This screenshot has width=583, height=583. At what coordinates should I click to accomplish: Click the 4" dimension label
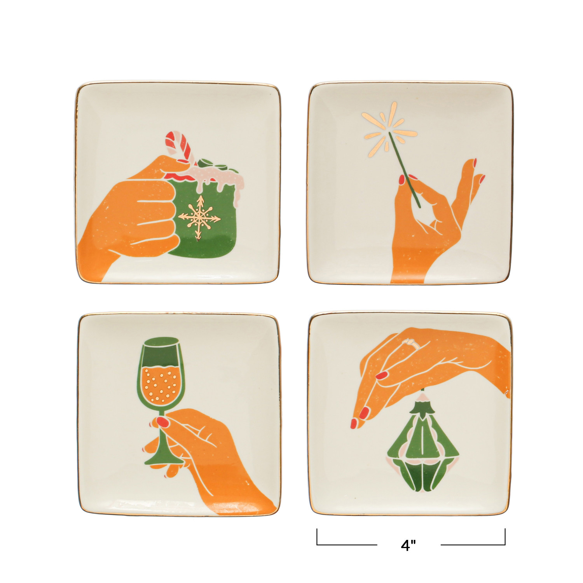coord(408,546)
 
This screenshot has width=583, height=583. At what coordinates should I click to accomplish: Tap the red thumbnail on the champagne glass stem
coord(162,422)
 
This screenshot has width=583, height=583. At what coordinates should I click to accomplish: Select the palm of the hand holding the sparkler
coord(420,233)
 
